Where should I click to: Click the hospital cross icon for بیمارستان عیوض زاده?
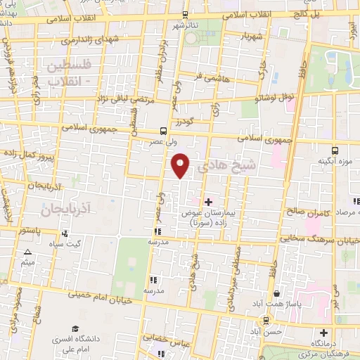point(207,202)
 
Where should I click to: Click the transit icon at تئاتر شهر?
point(185,14)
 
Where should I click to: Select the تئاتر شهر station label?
point(185,25)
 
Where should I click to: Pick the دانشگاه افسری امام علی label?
point(75,344)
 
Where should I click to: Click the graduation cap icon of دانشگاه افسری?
point(75,328)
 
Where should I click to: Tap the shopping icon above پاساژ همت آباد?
point(278,293)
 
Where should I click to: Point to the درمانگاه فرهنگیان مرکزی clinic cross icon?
point(323,333)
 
